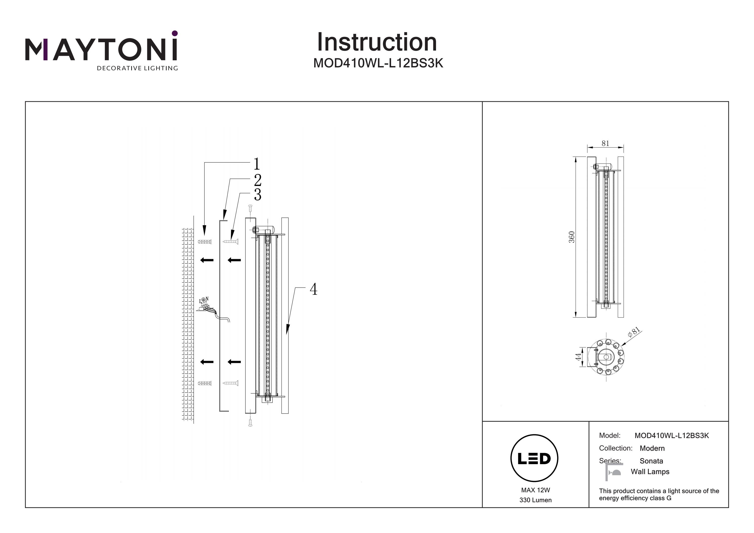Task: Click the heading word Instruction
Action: point(377,42)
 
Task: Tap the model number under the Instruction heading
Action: point(378,63)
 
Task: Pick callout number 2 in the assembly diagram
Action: point(257,180)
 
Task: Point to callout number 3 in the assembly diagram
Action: point(257,195)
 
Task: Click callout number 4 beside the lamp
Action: point(313,289)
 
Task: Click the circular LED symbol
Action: point(534,458)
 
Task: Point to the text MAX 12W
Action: point(535,490)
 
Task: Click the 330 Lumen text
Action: point(535,500)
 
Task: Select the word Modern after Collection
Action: point(652,448)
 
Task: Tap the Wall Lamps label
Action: point(650,472)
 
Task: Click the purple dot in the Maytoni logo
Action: point(175,33)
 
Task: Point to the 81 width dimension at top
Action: point(605,143)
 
